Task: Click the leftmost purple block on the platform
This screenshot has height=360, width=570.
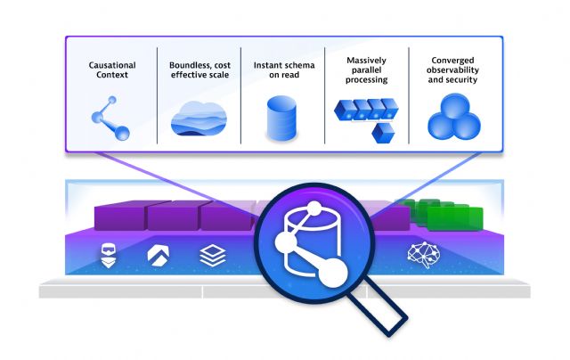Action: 119,216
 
